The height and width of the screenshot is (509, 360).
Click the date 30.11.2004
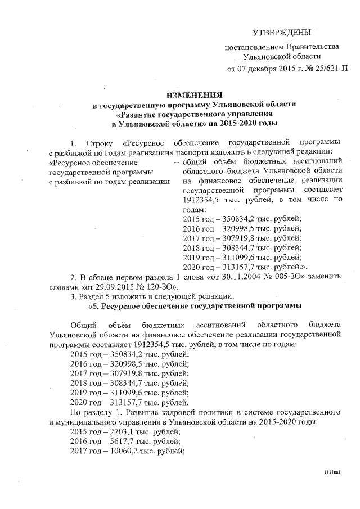[237, 276]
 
